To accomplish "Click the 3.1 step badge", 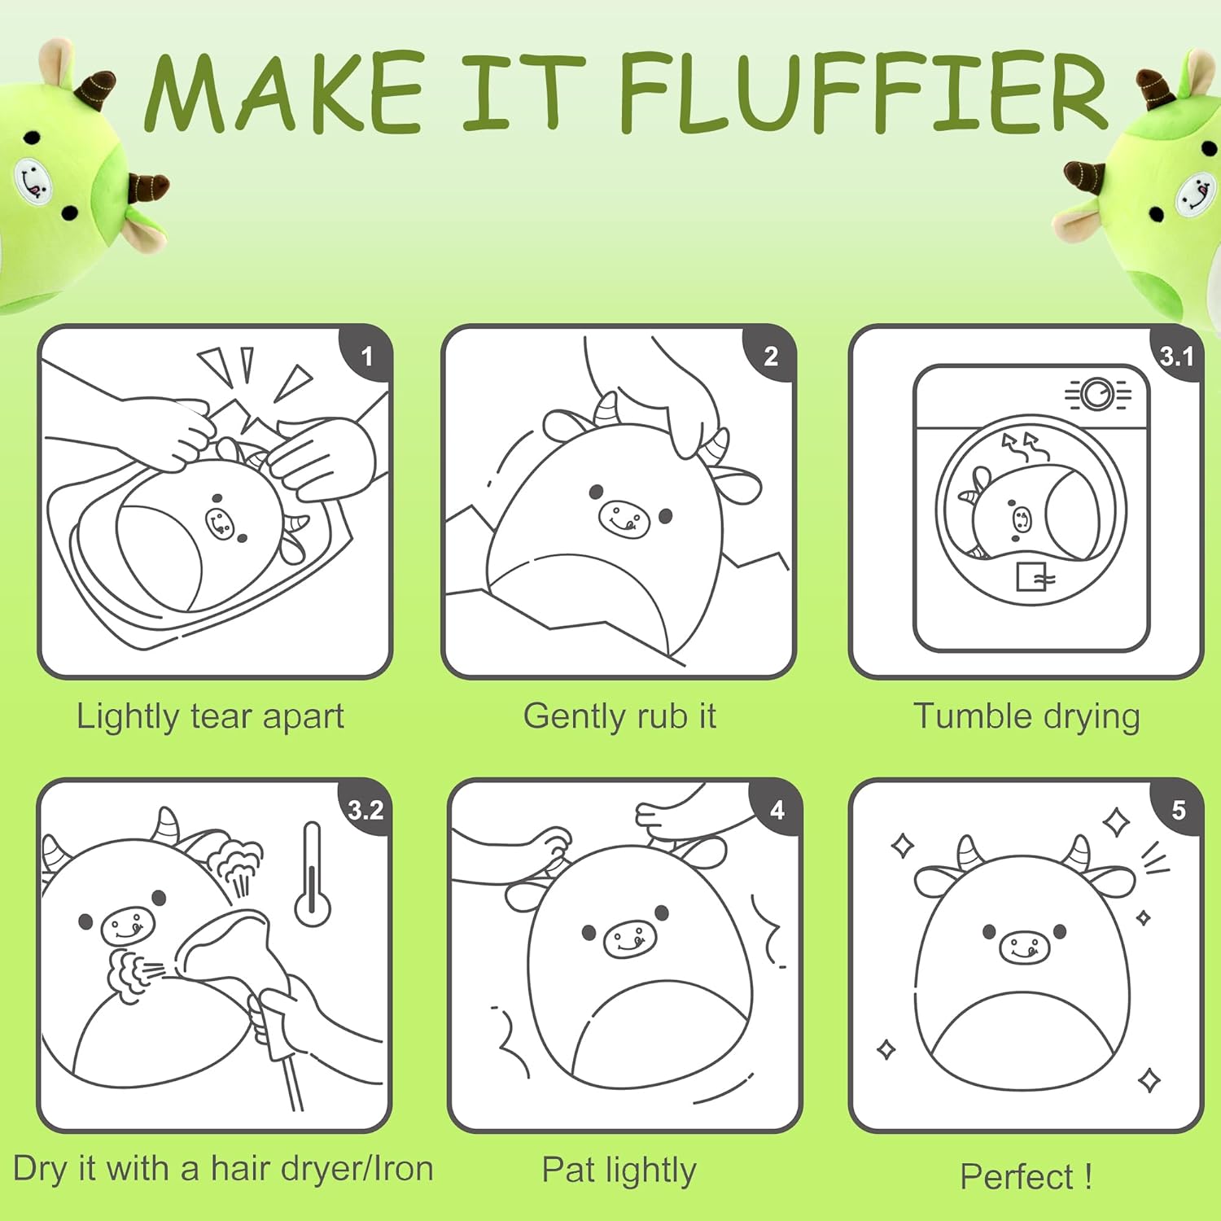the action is (x=1176, y=355).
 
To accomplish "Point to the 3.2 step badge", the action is (x=365, y=809).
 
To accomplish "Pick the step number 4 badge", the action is (x=777, y=809).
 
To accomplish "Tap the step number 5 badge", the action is (x=1178, y=809).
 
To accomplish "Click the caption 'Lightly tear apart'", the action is (x=210, y=717).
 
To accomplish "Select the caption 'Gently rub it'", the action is (x=619, y=717).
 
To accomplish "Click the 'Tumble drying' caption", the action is (x=1026, y=717).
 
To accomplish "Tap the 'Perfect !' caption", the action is (x=1026, y=1176).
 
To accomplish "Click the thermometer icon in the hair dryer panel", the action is (x=312, y=874).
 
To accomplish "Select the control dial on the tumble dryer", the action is (x=1097, y=394).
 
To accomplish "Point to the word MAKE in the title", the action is (x=283, y=91).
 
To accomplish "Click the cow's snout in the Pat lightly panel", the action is (x=630, y=938).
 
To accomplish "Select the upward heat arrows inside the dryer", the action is (x=1024, y=447).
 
